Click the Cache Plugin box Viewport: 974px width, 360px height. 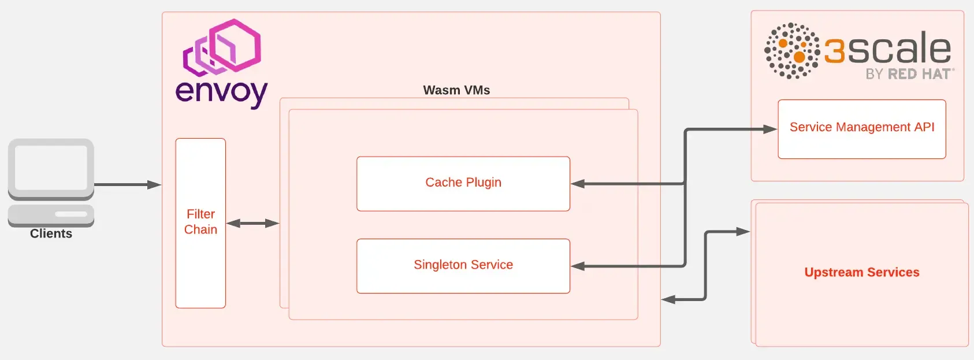coord(463,183)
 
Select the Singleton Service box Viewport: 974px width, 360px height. coord(463,265)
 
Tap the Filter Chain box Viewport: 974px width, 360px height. coord(200,222)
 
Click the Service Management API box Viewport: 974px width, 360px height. coord(861,128)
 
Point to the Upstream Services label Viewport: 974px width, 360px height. coord(861,272)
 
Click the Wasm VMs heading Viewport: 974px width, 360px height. coord(456,90)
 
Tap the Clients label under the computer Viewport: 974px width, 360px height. coord(51,234)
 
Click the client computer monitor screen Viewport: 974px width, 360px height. coord(51,168)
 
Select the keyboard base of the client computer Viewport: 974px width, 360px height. coord(51,215)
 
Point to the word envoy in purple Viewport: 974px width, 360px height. coord(221,92)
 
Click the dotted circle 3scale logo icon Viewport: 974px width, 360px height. coord(791,51)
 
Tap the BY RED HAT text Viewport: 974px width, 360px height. coord(909,74)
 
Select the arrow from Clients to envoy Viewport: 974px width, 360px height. coord(127,185)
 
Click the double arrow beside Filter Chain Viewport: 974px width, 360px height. coord(252,223)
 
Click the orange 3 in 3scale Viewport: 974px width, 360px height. coord(834,51)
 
